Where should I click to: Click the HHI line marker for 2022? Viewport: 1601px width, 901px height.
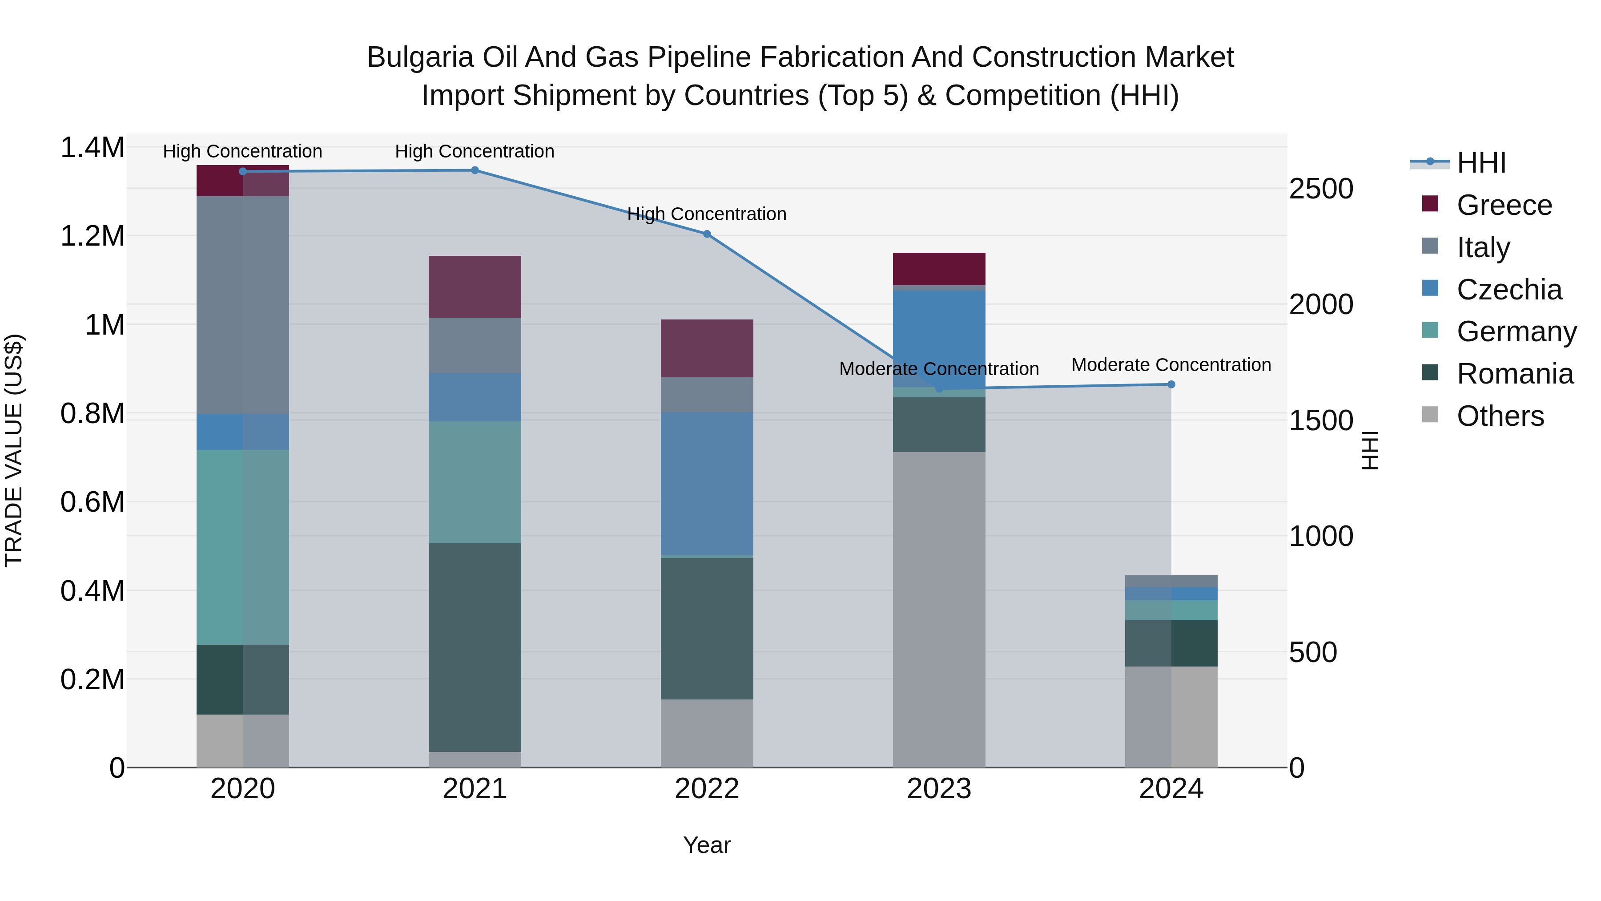click(x=707, y=234)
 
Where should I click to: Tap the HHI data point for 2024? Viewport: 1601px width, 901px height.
click(x=1171, y=384)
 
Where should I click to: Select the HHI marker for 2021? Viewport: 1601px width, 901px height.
click(x=475, y=170)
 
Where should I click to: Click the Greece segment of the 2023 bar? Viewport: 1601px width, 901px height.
click(x=939, y=269)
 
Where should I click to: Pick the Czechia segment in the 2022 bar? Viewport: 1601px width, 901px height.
click(x=707, y=483)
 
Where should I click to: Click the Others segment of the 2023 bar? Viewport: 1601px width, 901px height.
click(x=939, y=610)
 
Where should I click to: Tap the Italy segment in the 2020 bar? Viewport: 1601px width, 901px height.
click(x=242, y=305)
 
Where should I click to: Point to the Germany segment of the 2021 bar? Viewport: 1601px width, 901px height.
click(x=475, y=482)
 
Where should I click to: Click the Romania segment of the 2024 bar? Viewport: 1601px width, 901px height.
click(x=1171, y=643)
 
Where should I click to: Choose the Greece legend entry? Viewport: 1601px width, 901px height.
click(x=1504, y=205)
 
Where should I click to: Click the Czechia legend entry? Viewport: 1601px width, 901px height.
click(x=1508, y=290)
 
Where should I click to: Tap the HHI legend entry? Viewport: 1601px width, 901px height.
click(x=1481, y=163)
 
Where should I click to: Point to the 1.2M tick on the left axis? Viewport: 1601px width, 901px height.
click(x=92, y=236)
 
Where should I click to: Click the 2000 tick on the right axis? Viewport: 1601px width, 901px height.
click(x=1321, y=305)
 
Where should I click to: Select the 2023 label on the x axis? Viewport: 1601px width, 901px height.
click(x=938, y=789)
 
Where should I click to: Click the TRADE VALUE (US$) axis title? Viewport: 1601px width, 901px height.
click(x=14, y=450)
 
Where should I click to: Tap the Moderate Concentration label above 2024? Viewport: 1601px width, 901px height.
click(x=1171, y=365)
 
